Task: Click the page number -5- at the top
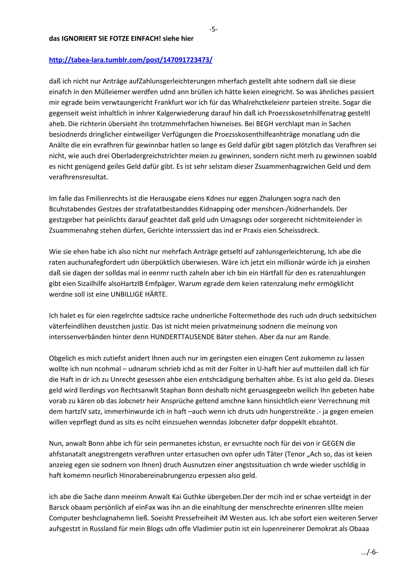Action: coord(214,30)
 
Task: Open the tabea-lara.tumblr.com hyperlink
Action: coord(130,60)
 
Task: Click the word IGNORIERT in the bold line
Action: coord(80,39)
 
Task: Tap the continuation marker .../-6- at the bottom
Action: coord(370,552)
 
